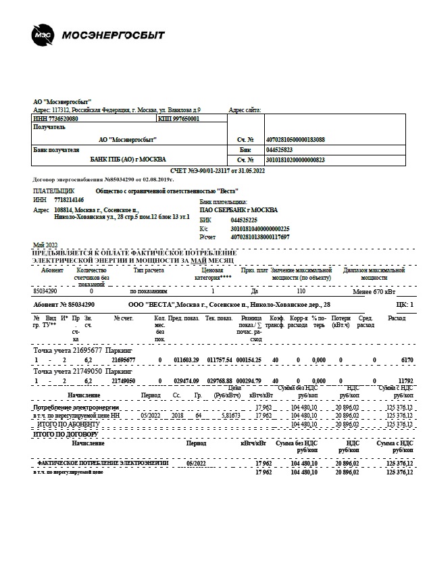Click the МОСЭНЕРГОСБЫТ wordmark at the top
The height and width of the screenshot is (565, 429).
(113, 34)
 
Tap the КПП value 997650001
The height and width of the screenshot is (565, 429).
(185, 118)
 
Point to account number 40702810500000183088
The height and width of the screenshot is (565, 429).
(295, 139)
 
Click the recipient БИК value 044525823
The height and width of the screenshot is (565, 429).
(279, 149)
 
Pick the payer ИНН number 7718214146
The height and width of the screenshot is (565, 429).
(70, 200)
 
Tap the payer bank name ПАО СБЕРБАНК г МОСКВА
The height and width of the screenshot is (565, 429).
(238, 210)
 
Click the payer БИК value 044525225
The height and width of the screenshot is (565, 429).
(243, 220)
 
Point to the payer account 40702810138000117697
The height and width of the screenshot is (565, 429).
(259, 237)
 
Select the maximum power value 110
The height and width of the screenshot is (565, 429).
(301, 291)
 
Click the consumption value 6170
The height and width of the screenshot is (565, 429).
(407, 360)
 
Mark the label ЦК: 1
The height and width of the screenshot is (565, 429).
(404, 305)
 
